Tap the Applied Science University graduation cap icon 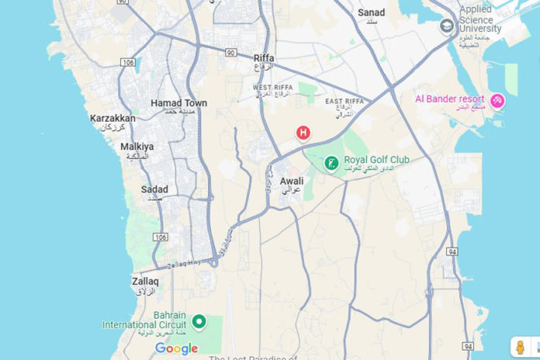[x=447, y=26]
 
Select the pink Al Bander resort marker [x=498, y=101]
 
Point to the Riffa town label [x=264, y=58]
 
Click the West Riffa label [x=272, y=88]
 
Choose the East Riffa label [x=344, y=102]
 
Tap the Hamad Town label [x=178, y=103]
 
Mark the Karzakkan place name [x=112, y=119]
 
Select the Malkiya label [x=137, y=147]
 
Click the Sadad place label [x=154, y=189]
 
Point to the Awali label [x=292, y=181]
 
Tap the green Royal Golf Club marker [x=331, y=163]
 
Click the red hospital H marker [x=303, y=133]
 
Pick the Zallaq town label [x=145, y=281]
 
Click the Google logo [x=176, y=348]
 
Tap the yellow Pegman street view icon [x=520, y=347]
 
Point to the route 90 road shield [x=231, y=53]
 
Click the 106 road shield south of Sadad [x=160, y=237]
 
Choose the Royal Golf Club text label [x=376, y=161]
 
